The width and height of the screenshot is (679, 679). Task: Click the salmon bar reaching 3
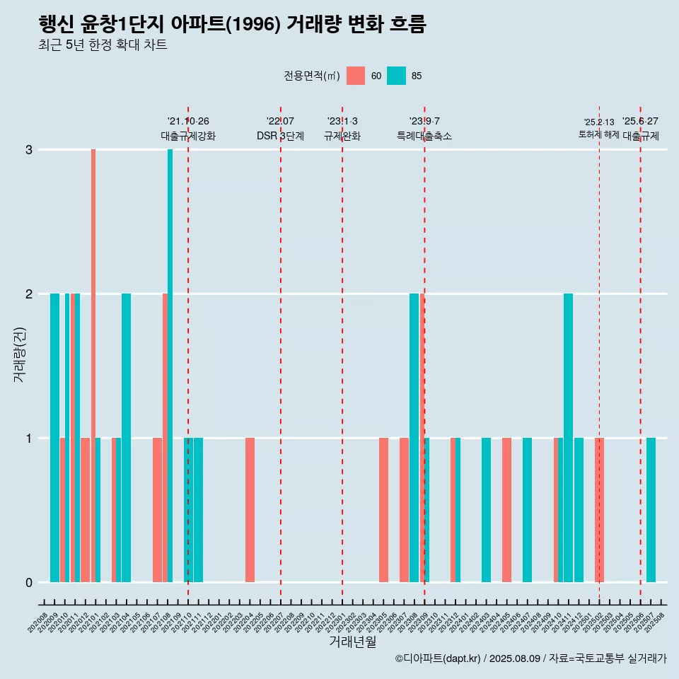tap(93, 365)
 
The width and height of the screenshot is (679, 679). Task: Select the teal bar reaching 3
tap(170, 365)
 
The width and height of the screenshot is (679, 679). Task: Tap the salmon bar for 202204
tap(250, 509)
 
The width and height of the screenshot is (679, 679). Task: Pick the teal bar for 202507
tap(651, 509)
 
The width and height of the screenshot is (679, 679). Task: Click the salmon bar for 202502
tap(599, 509)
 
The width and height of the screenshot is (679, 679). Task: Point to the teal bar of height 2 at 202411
tap(568, 437)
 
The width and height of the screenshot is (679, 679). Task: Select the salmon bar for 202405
tap(506, 509)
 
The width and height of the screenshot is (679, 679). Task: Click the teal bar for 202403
tap(486, 509)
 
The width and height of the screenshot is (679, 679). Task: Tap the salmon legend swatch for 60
tap(356, 76)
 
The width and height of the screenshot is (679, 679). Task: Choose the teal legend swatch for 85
tap(397, 76)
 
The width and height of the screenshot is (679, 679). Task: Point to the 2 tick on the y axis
tap(29, 294)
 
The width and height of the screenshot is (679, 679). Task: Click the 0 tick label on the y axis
tap(29, 582)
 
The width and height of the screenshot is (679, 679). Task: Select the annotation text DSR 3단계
tap(280, 136)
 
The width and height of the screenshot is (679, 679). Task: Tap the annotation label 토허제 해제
tap(598, 134)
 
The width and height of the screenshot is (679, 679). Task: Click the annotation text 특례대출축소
tap(424, 136)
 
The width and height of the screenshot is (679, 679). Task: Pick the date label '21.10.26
tap(188, 122)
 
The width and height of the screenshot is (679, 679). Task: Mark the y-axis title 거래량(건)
tap(19, 354)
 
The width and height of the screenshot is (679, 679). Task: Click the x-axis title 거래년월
tap(352, 642)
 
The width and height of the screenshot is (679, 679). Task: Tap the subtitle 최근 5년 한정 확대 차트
tap(103, 45)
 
